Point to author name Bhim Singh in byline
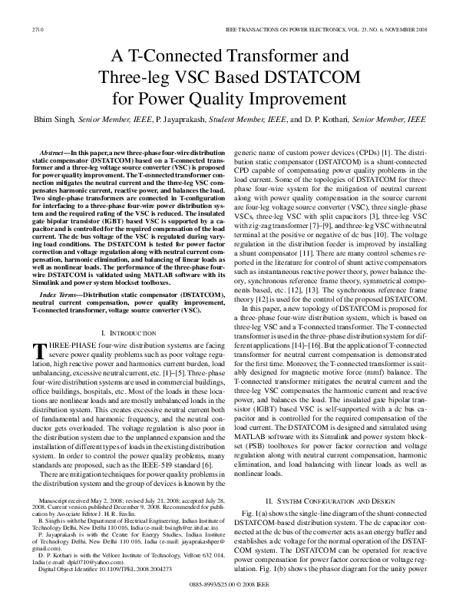(50, 120)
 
